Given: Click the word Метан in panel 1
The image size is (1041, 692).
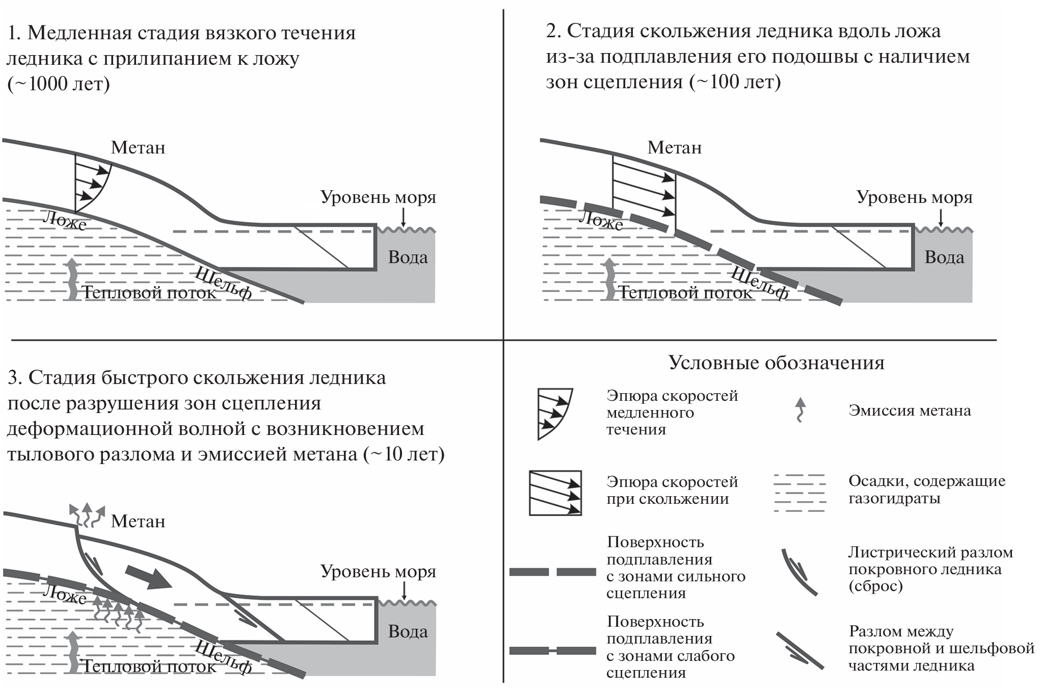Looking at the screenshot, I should coord(138,148).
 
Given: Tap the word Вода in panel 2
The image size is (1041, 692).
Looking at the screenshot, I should coord(944,258).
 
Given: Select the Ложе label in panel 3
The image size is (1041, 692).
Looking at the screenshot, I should coord(65,594).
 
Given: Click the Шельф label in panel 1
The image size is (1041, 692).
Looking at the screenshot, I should coord(224,284).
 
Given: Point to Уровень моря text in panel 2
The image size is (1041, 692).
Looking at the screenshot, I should coord(914,197).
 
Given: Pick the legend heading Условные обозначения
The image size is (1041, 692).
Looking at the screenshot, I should coord(777,363).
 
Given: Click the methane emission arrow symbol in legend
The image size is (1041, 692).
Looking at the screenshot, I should coord(801,410).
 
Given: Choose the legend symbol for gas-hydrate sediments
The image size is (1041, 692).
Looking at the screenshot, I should coord(799,493).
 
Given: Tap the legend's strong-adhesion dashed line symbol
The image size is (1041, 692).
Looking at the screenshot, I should coord(553,572).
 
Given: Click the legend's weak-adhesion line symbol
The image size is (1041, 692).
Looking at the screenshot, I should coord(553,651).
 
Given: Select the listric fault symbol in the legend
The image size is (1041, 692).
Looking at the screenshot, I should coord(799,572).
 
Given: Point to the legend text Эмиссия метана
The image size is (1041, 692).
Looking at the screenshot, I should coord(910,411).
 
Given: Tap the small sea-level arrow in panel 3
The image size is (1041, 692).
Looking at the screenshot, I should coord(404,590).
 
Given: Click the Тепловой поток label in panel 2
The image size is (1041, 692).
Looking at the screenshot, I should coord(685,293).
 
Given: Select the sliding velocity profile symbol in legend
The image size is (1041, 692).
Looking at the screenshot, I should coord(555,493).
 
